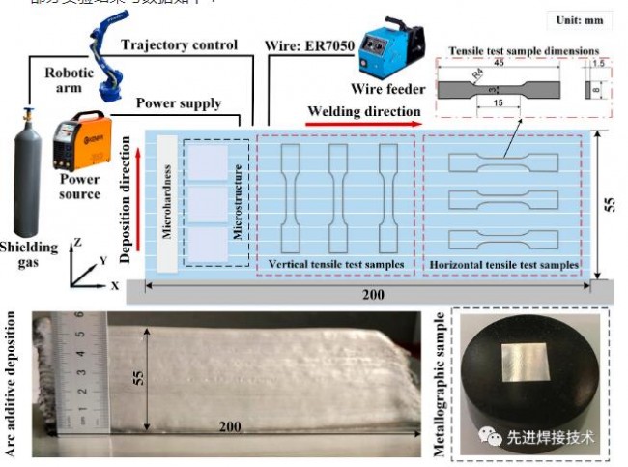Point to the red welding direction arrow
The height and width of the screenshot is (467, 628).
click(363, 124)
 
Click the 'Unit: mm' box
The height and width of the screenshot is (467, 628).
click(578, 19)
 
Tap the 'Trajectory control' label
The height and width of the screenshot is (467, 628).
click(179, 44)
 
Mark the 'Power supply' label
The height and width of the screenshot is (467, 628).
click(178, 102)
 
